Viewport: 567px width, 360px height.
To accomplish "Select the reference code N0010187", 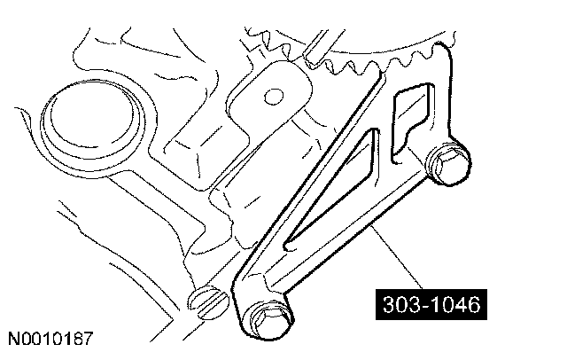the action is [52, 339].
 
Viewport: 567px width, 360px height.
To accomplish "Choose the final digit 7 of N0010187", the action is [89, 339].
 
